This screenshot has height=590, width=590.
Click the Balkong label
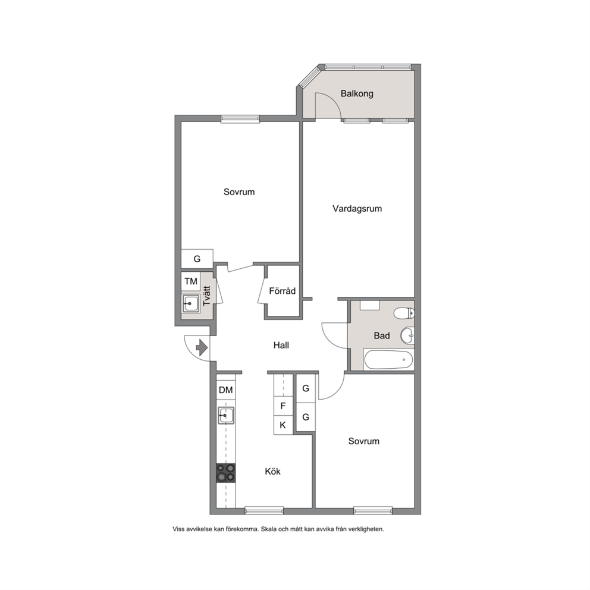coord(357,93)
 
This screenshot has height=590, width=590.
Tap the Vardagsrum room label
coord(357,208)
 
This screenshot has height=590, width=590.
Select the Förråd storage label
coord(282,291)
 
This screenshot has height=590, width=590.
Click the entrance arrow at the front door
coord(202,347)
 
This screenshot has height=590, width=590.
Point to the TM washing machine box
coord(191,281)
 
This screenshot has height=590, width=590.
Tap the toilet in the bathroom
coord(404,313)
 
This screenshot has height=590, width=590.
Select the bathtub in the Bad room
coord(388,360)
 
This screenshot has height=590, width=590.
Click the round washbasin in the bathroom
coord(407,335)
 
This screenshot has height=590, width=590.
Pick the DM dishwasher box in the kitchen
coord(226,390)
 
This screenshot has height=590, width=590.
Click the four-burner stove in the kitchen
coord(226,473)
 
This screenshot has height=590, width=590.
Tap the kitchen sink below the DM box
coord(226,415)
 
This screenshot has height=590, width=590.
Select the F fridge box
coord(283,406)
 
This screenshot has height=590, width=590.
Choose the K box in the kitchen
coord(283,425)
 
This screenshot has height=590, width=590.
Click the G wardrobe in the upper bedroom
coord(197,259)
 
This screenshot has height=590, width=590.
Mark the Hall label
coord(281,346)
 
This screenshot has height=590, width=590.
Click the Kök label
coord(273,472)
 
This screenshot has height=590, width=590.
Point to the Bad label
coord(382,335)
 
